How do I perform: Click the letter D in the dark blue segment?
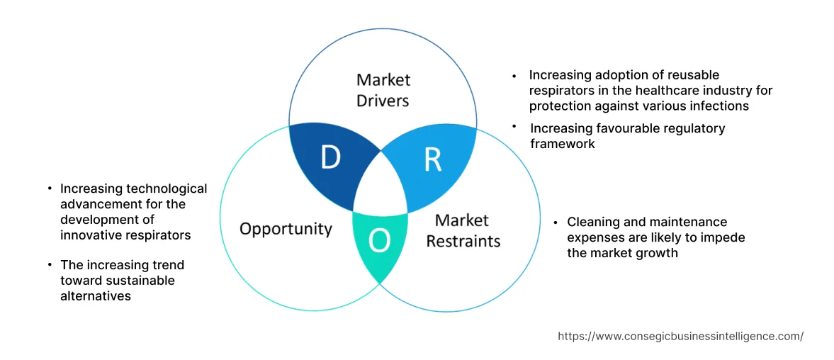pyautogui.click(x=330, y=158)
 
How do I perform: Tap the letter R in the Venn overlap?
pyautogui.click(x=432, y=161)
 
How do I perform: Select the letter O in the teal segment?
pyautogui.click(x=380, y=242)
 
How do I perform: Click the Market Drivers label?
pyautogui.click(x=383, y=90)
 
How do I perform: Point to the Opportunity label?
pyautogui.click(x=286, y=228)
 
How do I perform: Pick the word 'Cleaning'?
pyautogui.click(x=592, y=222)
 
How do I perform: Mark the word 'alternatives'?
pyautogui.click(x=96, y=296)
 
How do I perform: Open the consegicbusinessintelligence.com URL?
pyautogui.click(x=680, y=337)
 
